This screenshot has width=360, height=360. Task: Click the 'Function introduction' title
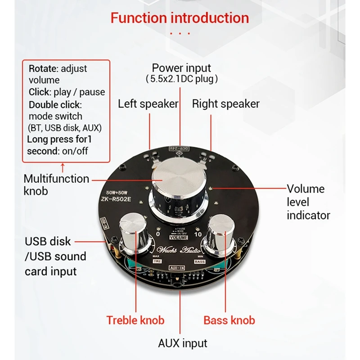point(180,18)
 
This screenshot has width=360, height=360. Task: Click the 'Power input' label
point(181,68)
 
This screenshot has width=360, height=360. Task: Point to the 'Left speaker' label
point(148,104)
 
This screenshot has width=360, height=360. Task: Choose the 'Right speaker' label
point(225,104)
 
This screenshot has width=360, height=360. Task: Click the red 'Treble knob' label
point(135,320)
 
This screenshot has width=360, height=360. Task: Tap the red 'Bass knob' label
point(229,320)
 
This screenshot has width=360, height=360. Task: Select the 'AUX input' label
point(183,343)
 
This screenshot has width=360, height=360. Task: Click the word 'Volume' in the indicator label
point(306,189)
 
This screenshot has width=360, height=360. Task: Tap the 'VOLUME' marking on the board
point(179,237)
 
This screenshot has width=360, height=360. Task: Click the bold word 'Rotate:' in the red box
point(44,69)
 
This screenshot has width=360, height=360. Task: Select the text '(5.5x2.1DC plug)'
point(181,79)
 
